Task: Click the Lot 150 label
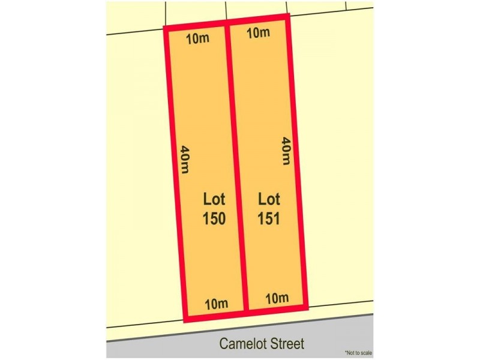(214, 208)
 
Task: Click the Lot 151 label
(269, 208)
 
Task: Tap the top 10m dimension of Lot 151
(258, 33)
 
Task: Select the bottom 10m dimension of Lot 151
(277, 298)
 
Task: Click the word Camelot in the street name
(244, 344)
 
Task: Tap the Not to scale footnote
(358, 353)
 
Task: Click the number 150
(214, 218)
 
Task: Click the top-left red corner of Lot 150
(166, 28)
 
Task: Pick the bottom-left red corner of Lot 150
(185, 318)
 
